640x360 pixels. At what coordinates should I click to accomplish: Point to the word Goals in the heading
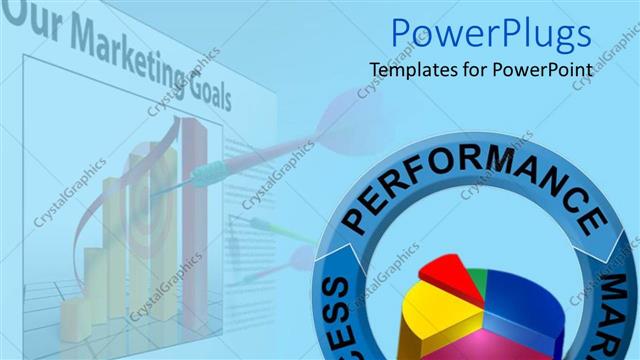pyautogui.click(x=205, y=91)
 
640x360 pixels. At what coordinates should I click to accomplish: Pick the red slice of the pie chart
pyautogui.click(x=446, y=277)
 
